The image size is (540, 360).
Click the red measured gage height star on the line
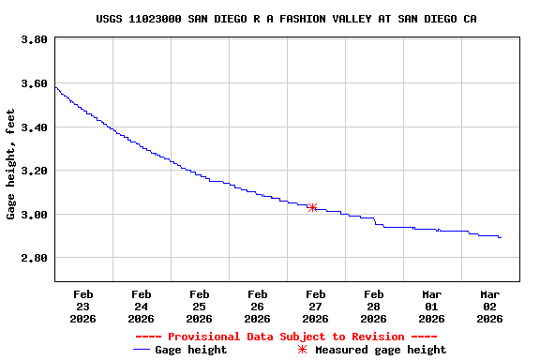click(312, 207)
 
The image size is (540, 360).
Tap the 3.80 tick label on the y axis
click(34, 40)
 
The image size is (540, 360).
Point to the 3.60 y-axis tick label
click(34, 83)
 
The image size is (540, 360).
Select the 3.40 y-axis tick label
click(34, 127)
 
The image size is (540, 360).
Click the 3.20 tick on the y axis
click(34, 171)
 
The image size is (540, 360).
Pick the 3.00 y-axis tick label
click(34, 215)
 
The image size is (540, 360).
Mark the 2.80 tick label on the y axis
click(34, 258)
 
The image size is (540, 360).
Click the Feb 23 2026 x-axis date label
click(83, 306)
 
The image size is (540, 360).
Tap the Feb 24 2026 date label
click(142, 306)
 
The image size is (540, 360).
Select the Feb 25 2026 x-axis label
click(200, 306)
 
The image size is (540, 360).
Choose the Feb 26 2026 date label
click(258, 306)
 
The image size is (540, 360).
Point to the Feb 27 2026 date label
click(316, 306)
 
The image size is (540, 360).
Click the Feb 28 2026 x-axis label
click(374, 306)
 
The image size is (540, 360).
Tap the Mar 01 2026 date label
click(432, 306)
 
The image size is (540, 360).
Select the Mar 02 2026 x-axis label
click(490, 306)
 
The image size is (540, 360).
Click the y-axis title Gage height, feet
click(11, 164)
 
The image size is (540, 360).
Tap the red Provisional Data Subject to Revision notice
click(286, 337)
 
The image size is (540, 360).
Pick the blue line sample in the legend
click(142, 350)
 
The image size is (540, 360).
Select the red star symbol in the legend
click(302, 350)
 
